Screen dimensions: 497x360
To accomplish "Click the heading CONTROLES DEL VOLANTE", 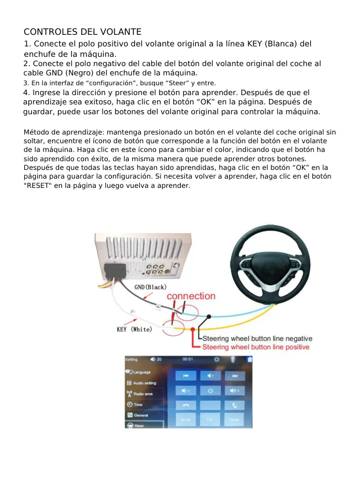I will click(x=82, y=31).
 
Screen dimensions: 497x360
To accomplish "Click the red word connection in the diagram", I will click(x=191, y=296).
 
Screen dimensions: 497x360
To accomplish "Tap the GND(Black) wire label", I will click(x=150, y=287).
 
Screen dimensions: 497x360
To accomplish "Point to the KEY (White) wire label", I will click(x=134, y=329).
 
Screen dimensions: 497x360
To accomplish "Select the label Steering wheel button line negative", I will click(x=257, y=339).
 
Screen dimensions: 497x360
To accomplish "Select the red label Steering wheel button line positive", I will click(x=256, y=347).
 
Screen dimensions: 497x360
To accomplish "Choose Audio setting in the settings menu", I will click(x=144, y=383).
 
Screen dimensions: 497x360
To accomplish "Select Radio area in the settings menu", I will click(x=143, y=394).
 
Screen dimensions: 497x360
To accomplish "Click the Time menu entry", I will click(x=138, y=404).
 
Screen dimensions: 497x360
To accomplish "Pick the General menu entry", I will click(x=140, y=415).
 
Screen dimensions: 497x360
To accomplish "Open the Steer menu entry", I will click(x=139, y=426).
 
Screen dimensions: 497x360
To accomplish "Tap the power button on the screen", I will click(x=210, y=390).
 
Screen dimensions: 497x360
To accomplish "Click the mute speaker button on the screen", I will click(x=210, y=375).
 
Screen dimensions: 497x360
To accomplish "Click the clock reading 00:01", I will click(x=188, y=360).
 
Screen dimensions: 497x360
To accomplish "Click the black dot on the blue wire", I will click(x=209, y=317).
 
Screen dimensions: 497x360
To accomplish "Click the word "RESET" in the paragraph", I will click(x=38, y=186).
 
